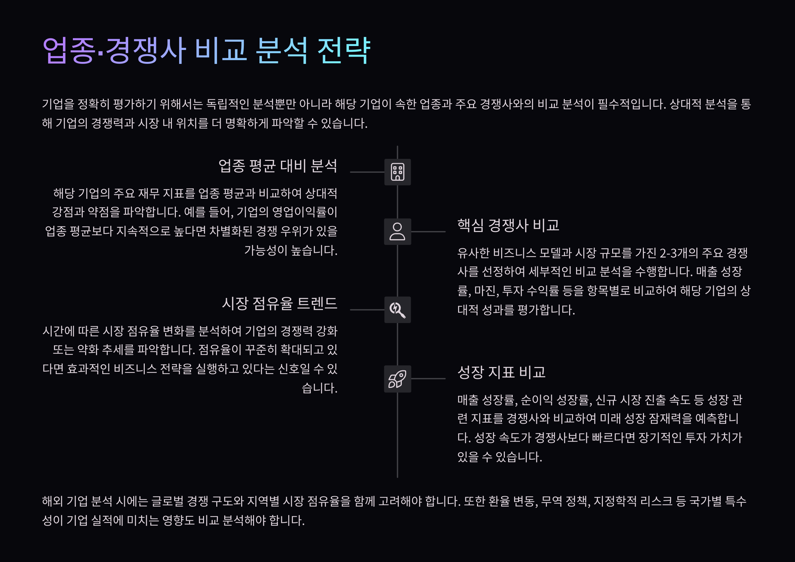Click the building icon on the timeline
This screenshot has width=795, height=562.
tap(397, 172)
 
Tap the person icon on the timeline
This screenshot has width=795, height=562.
tap(397, 231)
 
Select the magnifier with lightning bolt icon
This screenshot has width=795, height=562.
tap(397, 310)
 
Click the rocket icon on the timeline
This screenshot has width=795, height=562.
tap(397, 379)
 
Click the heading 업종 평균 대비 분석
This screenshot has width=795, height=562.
tap(278, 166)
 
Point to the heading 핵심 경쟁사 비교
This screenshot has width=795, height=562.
tap(508, 225)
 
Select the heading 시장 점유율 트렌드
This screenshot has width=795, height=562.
tap(280, 304)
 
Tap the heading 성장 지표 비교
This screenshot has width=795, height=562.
tap(501, 372)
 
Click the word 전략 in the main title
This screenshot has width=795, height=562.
tap(344, 51)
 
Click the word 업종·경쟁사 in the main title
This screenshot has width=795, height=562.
tap(114, 51)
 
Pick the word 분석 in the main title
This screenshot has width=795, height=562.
tap(282, 51)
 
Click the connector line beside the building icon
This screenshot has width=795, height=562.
tap(367, 172)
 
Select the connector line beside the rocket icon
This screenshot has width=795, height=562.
tap(428, 379)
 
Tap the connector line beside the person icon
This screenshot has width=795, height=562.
tap(428, 231)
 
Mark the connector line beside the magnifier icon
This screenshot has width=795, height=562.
tap(367, 310)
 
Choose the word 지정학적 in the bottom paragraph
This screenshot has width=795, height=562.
tap(615, 501)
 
